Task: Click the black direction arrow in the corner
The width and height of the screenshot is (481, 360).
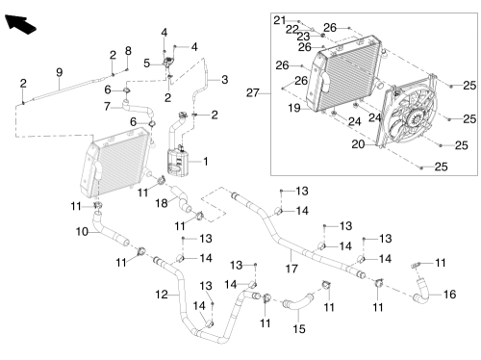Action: pos(20,24)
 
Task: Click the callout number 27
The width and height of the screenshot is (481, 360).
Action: pos(253,93)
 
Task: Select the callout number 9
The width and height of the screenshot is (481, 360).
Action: pos(60,72)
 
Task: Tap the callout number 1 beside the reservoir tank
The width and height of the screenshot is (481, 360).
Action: pos(206,162)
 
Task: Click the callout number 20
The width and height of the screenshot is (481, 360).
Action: pos(358,144)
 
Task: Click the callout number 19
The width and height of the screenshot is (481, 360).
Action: pos(294,108)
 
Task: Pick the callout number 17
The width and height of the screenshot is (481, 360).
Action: pos(291,269)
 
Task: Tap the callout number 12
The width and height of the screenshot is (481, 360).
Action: pos(162,295)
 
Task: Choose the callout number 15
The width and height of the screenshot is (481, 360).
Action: pos(299,329)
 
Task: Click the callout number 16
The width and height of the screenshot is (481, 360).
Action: pos(449,295)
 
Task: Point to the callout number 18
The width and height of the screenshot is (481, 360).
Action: pos(162,203)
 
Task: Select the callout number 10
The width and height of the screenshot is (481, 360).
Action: pos(82,231)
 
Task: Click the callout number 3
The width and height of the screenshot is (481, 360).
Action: pos(225,80)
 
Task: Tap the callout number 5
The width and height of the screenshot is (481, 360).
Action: pos(147,64)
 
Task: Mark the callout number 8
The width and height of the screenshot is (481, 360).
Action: pos(128,51)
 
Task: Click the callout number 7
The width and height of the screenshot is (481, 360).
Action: pos(108,106)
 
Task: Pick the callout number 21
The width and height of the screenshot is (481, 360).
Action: pos(280,20)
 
